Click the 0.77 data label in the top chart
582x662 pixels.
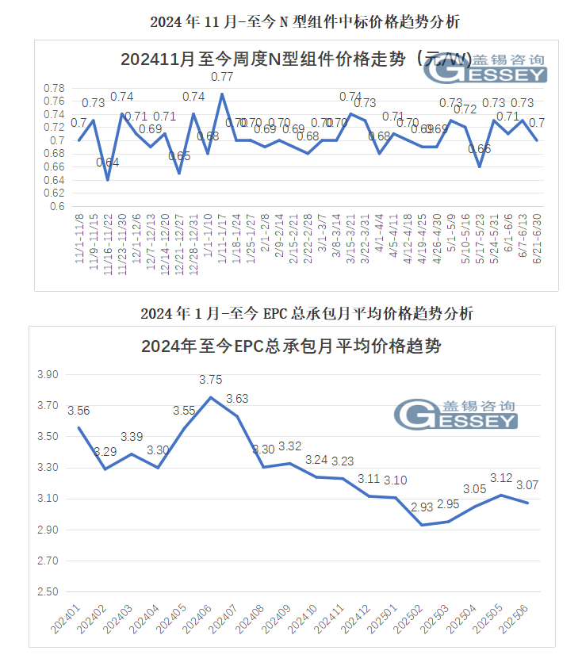pyautogui.click(x=222, y=77)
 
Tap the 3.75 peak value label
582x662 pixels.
pyautogui.click(x=210, y=380)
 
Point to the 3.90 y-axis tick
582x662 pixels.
pyautogui.click(x=49, y=374)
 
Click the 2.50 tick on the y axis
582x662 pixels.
pyautogui.click(x=49, y=592)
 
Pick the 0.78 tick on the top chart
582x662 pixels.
pyautogui.click(x=54, y=88)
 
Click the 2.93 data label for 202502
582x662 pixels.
pyautogui.click(x=421, y=507)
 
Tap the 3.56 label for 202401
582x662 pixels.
pyautogui.click(x=78, y=411)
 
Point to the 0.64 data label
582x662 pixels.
pyautogui.click(x=108, y=163)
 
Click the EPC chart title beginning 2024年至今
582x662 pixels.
pyautogui.click(x=291, y=346)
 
